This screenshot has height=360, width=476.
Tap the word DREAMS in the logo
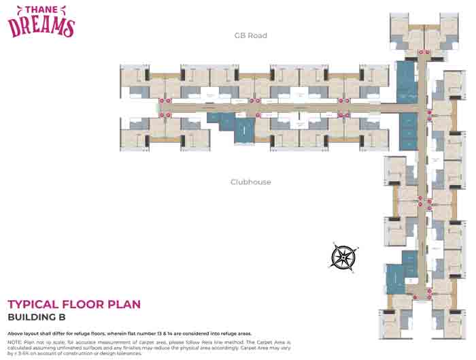coord(41,26)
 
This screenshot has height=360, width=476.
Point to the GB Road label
coord(251,35)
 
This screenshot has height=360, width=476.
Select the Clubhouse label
coord(251,182)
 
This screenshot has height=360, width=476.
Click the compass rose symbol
coord(343,256)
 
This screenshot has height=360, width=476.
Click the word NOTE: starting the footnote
coord(14,342)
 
